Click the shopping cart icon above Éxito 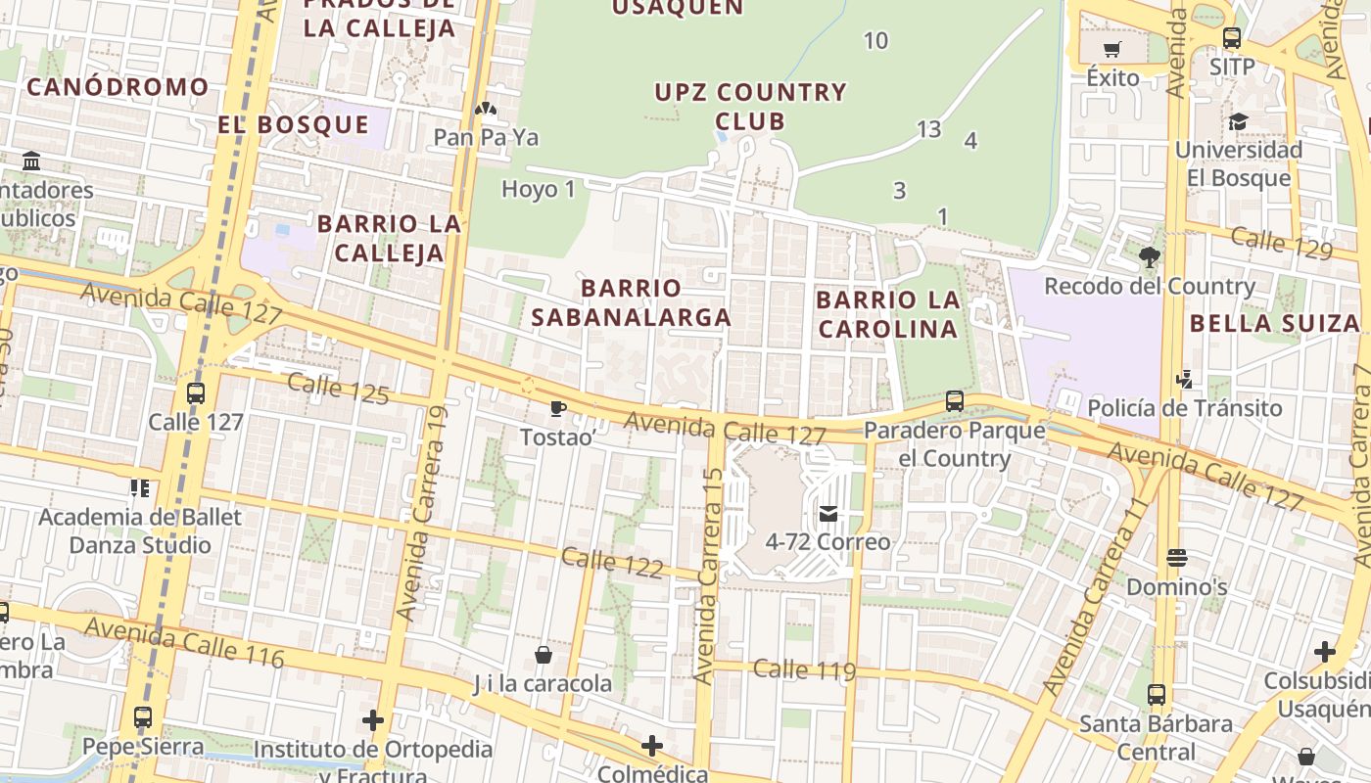coord(1111,50)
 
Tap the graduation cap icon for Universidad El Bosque coord(1238,122)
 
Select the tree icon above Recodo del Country coord(1149,257)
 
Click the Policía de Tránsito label coord(1184,408)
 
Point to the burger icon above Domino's coord(1177,559)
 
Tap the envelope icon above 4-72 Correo coord(828,514)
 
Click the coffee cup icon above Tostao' coord(557,409)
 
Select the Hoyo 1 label coord(538,189)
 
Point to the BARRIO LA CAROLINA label coord(887,314)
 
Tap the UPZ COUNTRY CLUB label coord(750,107)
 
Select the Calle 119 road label coord(804,669)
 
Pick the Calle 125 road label coord(339,388)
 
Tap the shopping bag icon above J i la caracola coord(544,655)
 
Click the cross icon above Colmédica coord(652,747)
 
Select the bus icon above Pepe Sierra coord(143,717)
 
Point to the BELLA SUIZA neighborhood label coord(1274,323)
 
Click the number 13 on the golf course coord(928,128)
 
